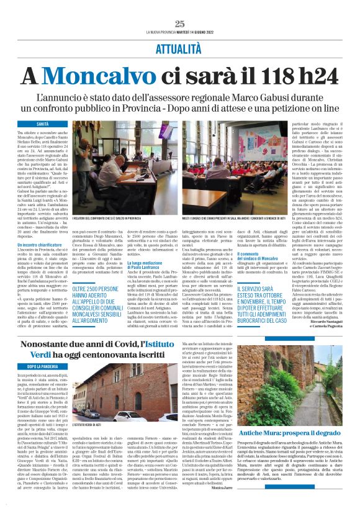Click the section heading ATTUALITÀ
point(180,47)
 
